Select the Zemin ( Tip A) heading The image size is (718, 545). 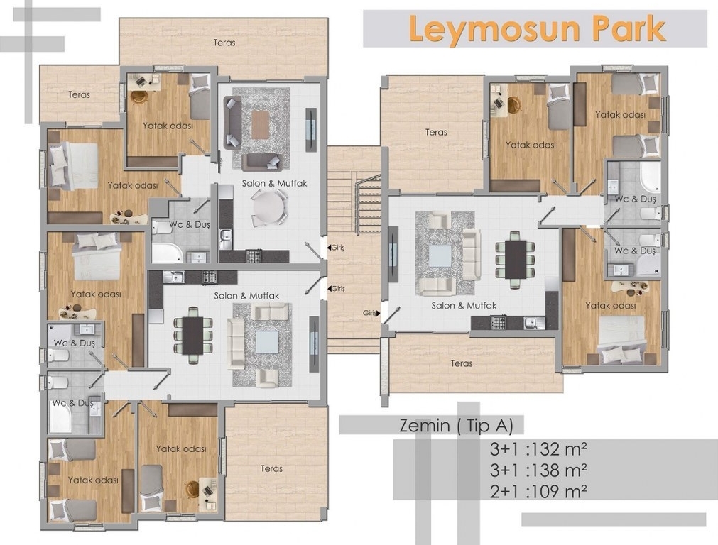click(x=456, y=426)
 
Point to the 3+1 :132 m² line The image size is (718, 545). click(x=538, y=449)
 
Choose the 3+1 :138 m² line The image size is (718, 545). click(x=538, y=470)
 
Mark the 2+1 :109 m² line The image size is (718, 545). click(x=538, y=492)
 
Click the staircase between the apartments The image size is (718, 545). click(x=354, y=202)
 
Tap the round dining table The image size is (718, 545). click(x=268, y=207)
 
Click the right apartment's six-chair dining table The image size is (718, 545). click(x=516, y=260)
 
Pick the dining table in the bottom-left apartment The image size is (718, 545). click(x=192, y=336)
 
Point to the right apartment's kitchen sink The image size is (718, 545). click(x=533, y=323)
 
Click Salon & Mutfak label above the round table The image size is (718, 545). click(x=274, y=183)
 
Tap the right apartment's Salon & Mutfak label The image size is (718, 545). click(x=464, y=305)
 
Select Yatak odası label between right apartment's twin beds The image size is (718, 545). click(x=620, y=114)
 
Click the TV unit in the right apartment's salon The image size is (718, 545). click(x=393, y=255)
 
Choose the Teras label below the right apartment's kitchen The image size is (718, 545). click(x=461, y=363)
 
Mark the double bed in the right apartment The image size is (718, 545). click(x=622, y=338)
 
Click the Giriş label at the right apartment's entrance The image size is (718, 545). click(x=370, y=313)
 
